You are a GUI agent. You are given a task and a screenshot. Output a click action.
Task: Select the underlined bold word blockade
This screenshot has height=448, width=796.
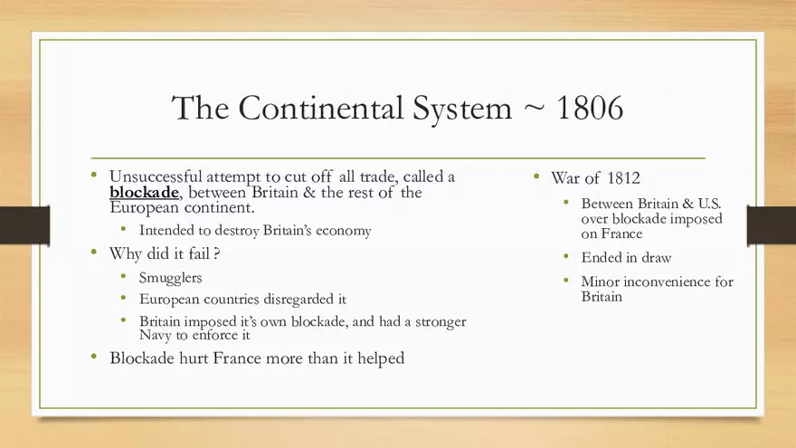(144, 193)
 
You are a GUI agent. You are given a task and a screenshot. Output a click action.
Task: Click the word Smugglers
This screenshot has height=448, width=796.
(171, 277)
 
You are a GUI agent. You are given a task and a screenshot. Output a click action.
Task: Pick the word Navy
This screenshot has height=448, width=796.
(156, 336)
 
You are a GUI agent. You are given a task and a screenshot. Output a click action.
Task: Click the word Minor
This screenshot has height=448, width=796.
(601, 281)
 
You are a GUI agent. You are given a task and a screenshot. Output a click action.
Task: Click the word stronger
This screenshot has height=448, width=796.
(438, 321)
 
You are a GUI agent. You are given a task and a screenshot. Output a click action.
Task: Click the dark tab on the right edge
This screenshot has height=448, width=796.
(771, 224)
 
